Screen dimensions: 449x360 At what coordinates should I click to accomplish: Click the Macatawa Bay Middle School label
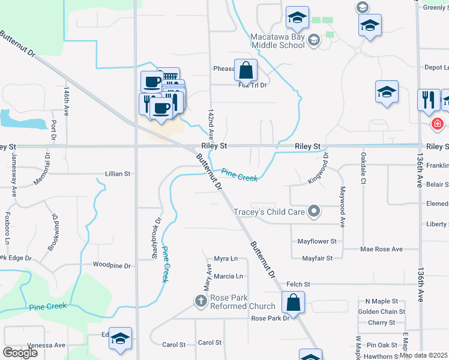click(x=277, y=40)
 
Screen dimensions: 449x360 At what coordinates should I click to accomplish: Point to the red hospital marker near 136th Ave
click(x=438, y=124)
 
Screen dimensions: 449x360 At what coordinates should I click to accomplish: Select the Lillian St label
click(x=118, y=174)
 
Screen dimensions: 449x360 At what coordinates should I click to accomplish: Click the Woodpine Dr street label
click(x=112, y=264)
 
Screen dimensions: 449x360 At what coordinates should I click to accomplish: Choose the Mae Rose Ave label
click(x=381, y=249)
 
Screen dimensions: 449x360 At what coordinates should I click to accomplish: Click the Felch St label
click(x=298, y=284)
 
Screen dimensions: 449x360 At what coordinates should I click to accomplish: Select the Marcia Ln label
click(x=228, y=277)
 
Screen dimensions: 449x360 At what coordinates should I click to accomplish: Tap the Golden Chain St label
click(x=381, y=311)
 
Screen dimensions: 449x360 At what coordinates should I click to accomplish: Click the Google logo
click(x=20, y=352)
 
